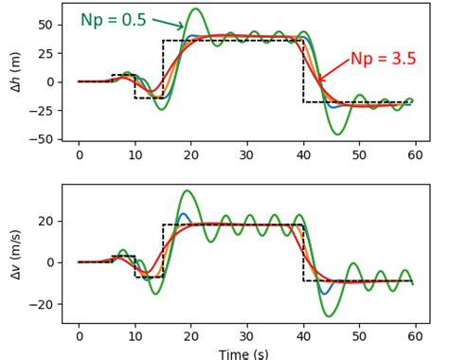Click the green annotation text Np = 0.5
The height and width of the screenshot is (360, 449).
(113, 20)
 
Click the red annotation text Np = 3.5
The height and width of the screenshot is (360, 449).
(383, 59)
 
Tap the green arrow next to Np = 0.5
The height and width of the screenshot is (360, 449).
(168, 24)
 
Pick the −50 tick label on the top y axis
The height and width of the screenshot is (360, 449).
(42, 139)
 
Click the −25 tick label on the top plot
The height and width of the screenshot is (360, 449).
(42, 111)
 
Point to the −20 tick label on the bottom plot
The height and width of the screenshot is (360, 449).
(42, 304)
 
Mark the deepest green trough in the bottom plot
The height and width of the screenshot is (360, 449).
(329, 315)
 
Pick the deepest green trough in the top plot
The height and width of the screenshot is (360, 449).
(338, 134)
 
